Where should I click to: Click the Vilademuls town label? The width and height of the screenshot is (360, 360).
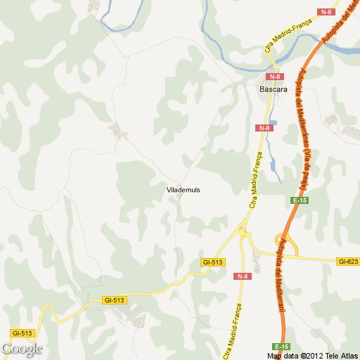coord(184,190)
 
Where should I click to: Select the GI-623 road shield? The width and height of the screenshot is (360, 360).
coord(347,262)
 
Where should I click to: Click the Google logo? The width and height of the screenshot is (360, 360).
coord(22,349)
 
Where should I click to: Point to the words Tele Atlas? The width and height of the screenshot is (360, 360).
coord(340,354)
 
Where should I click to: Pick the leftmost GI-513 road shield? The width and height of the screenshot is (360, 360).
coord(21,332)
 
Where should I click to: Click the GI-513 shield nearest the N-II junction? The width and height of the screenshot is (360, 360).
coord(212,262)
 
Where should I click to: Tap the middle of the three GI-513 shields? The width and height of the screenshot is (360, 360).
coord(113,300)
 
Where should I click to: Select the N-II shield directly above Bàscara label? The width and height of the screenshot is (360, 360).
coord(274,77)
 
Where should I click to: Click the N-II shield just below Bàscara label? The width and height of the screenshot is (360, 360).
coord(264,128)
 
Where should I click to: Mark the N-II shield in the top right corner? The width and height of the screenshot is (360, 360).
coord(326,12)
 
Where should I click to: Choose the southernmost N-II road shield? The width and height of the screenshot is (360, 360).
coord(242,276)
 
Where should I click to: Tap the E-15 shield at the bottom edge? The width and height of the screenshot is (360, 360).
coord(282,347)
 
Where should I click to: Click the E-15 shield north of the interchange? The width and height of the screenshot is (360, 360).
coord(300,201)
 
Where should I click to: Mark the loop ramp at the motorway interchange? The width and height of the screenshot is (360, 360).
coord(290,246)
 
